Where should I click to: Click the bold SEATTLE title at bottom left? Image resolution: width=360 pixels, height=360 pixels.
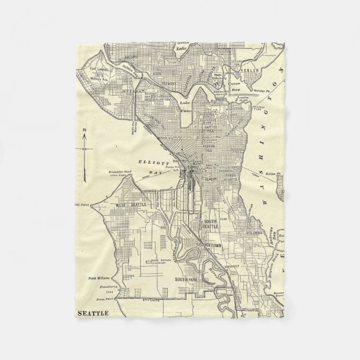coord(93,313)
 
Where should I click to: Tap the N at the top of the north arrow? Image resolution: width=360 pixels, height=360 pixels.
coord(84,130)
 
